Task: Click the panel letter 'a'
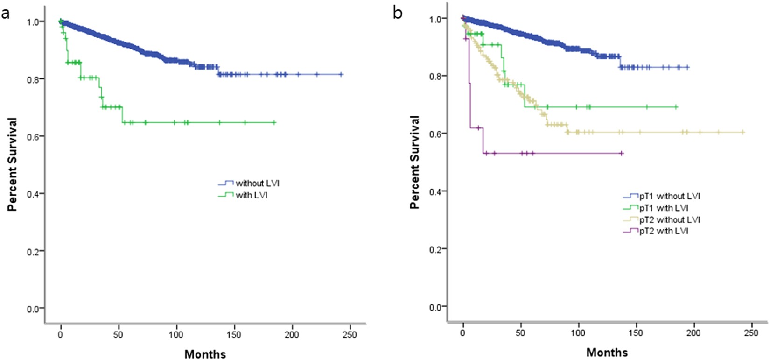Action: (x=6, y=14)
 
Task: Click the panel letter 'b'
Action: (x=398, y=13)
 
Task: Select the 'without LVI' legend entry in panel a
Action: (x=257, y=183)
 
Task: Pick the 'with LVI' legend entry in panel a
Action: (x=251, y=195)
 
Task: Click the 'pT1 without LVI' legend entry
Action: (x=669, y=196)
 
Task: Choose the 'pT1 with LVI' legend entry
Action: (x=664, y=208)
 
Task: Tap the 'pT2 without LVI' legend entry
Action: (x=669, y=219)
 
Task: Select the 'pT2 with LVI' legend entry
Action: (x=664, y=231)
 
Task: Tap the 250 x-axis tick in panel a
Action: (x=349, y=335)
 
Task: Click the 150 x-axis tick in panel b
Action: (x=636, y=333)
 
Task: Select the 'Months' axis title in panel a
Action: (x=205, y=354)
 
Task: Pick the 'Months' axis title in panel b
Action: (x=607, y=352)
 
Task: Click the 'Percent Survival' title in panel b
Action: (x=414, y=162)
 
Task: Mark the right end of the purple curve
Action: (x=623, y=153)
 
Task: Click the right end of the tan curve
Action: (x=743, y=133)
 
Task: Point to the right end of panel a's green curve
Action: (x=274, y=122)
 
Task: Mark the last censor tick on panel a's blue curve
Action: (x=341, y=74)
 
